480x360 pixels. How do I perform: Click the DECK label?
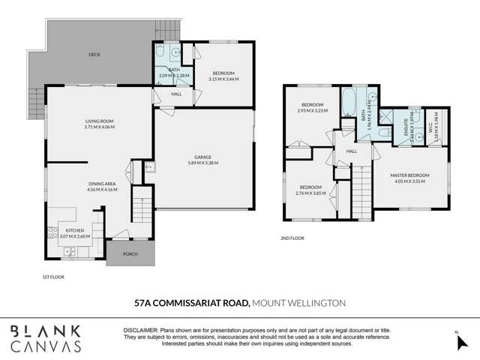click(x=94, y=54)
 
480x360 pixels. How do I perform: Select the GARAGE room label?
click(x=202, y=157)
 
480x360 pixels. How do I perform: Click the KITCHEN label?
click(x=74, y=229)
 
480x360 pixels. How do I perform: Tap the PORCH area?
click(x=130, y=254)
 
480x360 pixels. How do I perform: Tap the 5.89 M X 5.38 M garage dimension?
click(x=202, y=163)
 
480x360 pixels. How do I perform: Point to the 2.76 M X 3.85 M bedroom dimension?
click(x=311, y=193)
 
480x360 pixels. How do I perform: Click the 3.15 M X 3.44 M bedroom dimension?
click(x=223, y=79)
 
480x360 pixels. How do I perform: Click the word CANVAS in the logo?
click(x=46, y=346)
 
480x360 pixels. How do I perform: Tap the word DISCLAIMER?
click(x=140, y=330)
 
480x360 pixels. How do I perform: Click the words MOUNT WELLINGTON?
click(x=298, y=303)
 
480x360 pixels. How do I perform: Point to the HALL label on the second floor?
click(x=351, y=151)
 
